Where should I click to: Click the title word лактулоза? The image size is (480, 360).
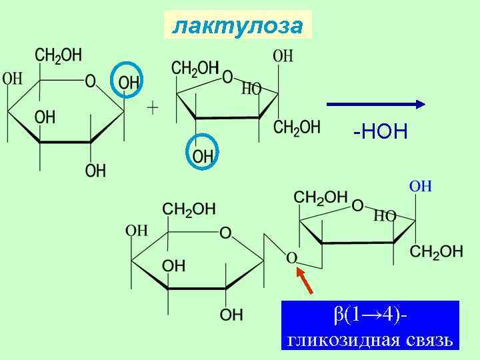pyautogui.click(x=237, y=25)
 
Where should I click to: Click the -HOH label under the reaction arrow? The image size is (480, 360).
pyautogui.click(x=380, y=132)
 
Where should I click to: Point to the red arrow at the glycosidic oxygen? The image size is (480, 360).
pyautogui.click(x=304, y=280)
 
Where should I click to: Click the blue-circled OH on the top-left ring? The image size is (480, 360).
pyautogui.click(x=129, y=82)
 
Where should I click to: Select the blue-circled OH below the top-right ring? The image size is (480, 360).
pyautogui.click(x=203, y=156)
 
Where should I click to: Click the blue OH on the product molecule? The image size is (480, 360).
pyautogui.click(x=421, y=186)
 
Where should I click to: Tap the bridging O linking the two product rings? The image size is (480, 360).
pyautogui.click(x=291, y=257)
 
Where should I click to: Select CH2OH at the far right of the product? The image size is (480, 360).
pyautogui.click(x=437, y=251)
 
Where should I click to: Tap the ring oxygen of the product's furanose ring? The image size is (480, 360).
pyautogui.click(x=357, y=205)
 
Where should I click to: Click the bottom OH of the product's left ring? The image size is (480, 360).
pyautogui.click(x=231, y=314)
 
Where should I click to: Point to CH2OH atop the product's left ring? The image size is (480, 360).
pyautogui.click(x=189, y=209)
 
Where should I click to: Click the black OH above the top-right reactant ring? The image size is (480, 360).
pyautogui.click(x=283, y=57)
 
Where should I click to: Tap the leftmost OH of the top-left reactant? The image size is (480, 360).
pyautogui.click(x=13, y=79)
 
